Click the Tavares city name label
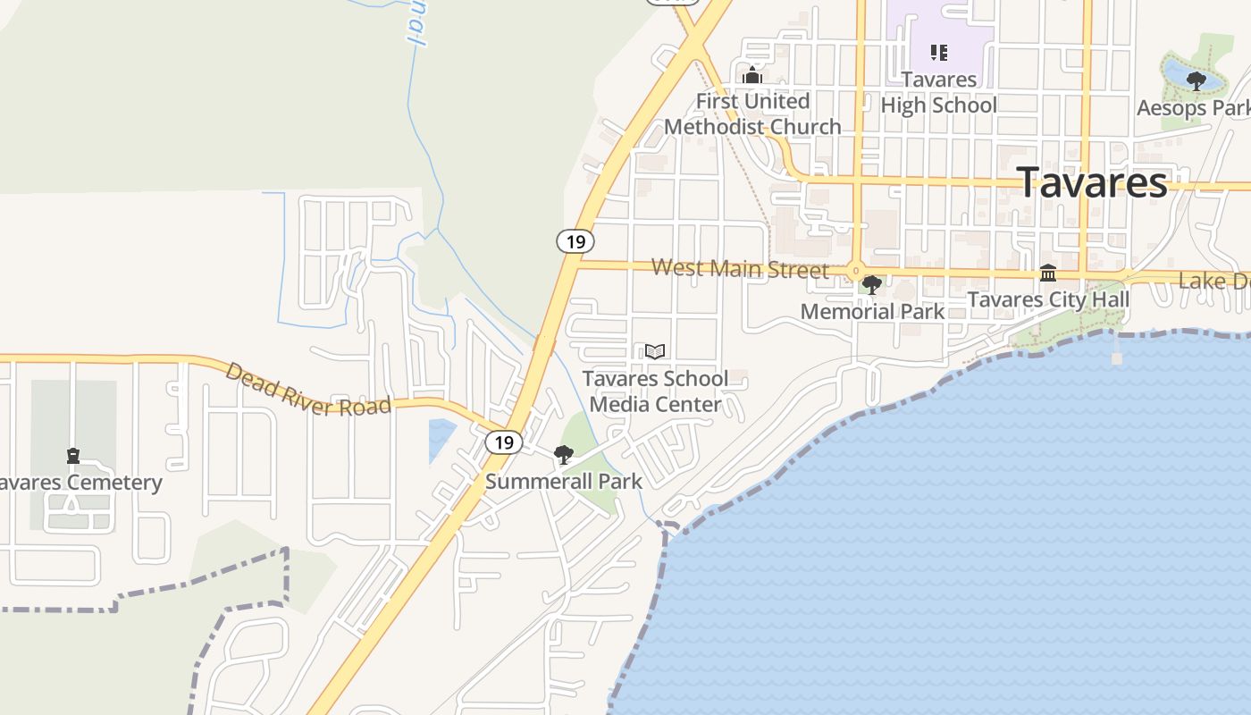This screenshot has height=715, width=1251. tap(1092, 183)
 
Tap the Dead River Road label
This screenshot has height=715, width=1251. tap(307, 390)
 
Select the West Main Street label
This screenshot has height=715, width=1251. tap(740, 267)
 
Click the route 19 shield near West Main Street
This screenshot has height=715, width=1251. tap(575, 240)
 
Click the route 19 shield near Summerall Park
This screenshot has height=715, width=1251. tap(504, 442)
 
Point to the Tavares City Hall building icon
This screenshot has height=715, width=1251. tap(1048, 273)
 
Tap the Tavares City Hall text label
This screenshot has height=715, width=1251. tap(1048, 299)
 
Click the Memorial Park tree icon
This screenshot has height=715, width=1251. tap(871, 285)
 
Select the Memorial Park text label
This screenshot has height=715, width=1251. tap(872, 311)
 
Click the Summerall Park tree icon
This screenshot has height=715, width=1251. tap(563, 455)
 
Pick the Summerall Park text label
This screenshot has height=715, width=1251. tap(564, 481)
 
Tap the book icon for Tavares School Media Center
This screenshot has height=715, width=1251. tap(655, 351)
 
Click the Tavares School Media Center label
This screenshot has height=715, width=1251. tap(655, 391)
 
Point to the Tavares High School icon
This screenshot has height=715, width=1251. tap(938, 53)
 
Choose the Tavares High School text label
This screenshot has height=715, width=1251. tap(938, 92)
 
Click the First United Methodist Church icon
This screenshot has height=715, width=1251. tap(752, 74)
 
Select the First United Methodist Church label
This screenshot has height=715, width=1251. tap(752, 114)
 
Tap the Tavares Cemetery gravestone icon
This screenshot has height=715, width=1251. tap(73, 457)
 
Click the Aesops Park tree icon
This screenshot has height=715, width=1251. tap(1196, 81)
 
